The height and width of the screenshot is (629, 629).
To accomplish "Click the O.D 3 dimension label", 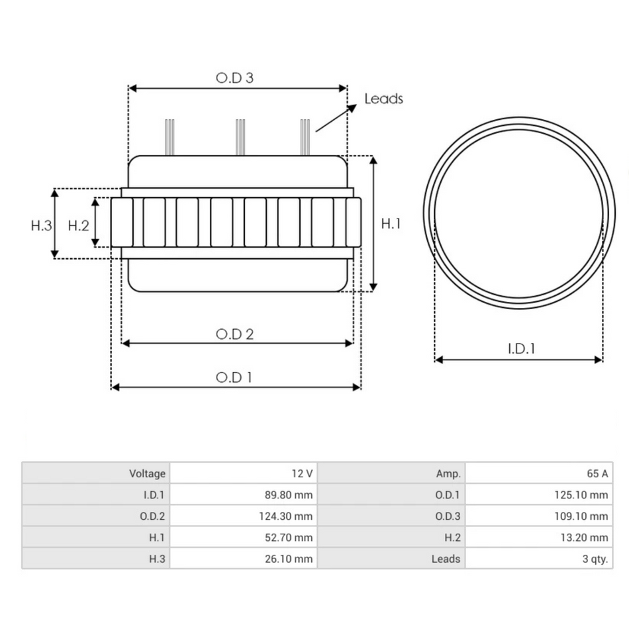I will (x=234, y=77).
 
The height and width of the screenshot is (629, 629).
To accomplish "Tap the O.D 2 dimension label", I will (x=234, y=334).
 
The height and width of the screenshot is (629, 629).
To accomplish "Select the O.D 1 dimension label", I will (x=234, y=377).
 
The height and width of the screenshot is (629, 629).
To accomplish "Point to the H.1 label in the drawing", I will (x=391, y=224).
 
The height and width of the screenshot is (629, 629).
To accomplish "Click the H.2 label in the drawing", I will (x=79, y=225).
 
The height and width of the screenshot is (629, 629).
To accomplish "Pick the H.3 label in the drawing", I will (x=41, y=225).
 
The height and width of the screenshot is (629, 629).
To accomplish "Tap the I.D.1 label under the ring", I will (x=521, y=349).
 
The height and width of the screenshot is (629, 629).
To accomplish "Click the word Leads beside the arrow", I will (x=383, y=99).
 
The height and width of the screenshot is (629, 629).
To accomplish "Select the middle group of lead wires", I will (x=240, y=136).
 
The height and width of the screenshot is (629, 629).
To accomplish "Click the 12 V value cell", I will (x=301, y=473).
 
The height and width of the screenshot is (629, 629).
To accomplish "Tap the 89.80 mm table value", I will (x=285, y=495).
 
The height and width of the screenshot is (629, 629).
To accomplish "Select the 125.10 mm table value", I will (x=580, y=495).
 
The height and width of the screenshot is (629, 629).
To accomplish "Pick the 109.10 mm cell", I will (x=580, y=516).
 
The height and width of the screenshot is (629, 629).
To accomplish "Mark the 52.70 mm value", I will (x=285, y=538).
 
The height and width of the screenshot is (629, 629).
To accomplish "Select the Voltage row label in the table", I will (x=147, y=473).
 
